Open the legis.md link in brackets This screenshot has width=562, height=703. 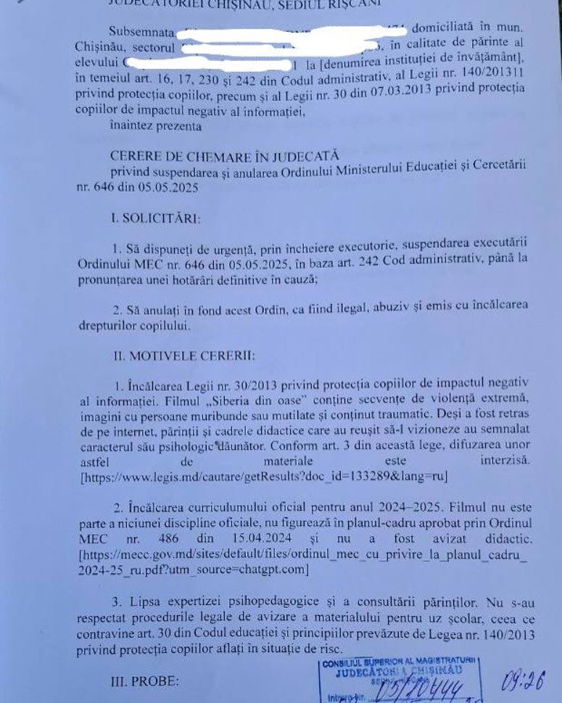tap(265, 477)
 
